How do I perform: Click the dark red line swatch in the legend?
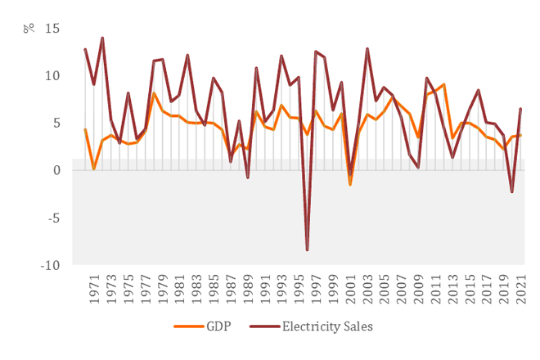263,326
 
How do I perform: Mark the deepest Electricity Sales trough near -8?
307,250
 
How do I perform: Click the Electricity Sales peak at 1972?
102,38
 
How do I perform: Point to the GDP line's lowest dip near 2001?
350,185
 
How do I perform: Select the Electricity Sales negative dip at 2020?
512,191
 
